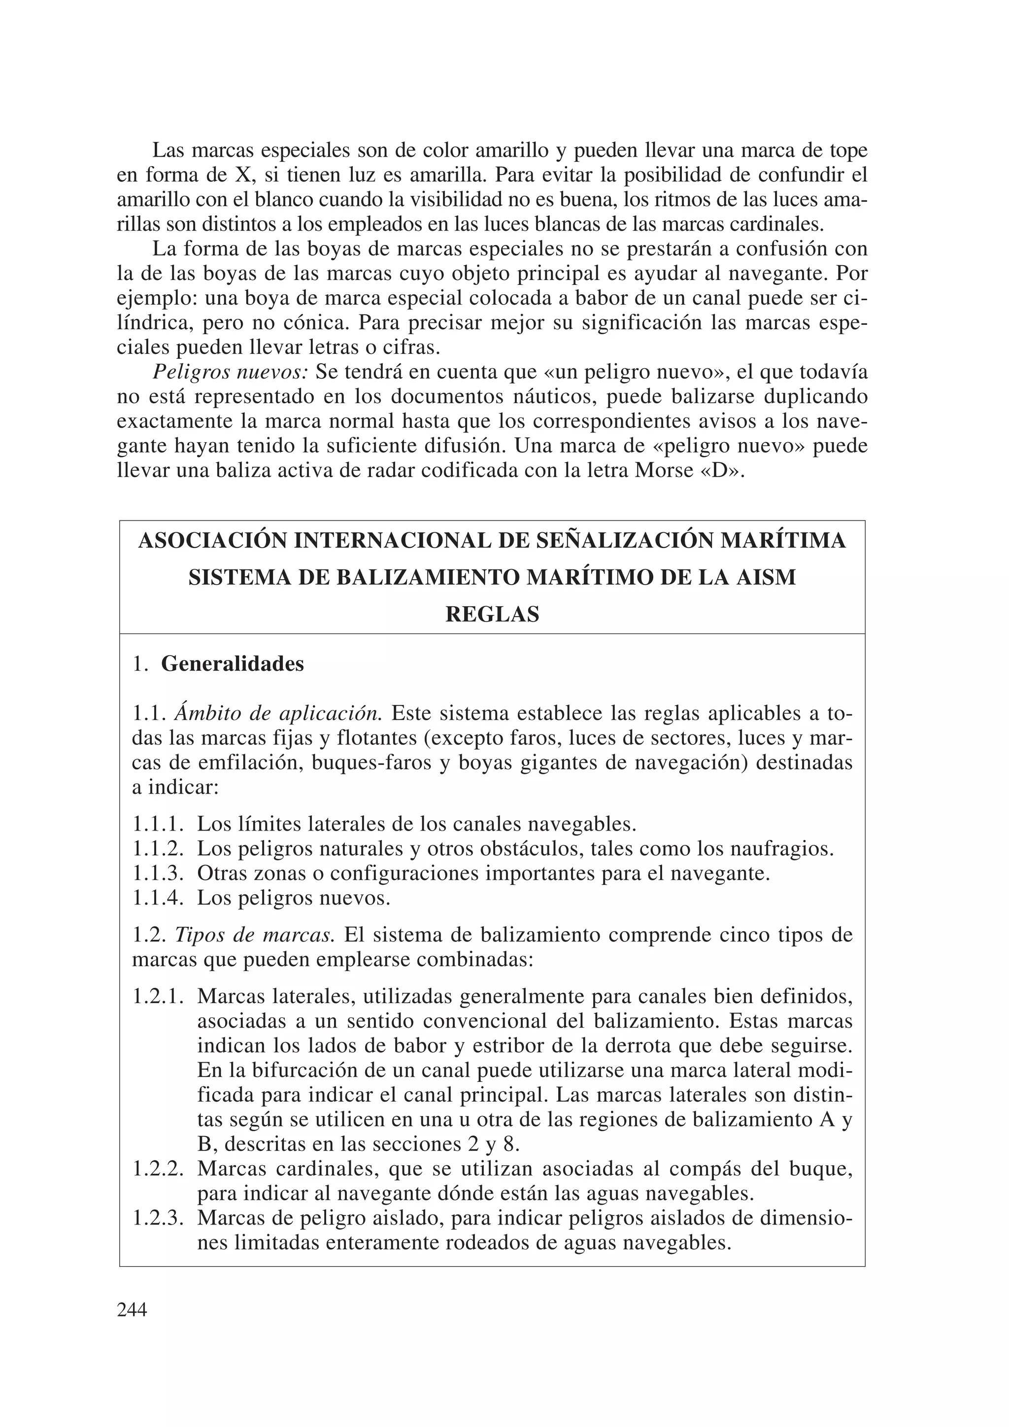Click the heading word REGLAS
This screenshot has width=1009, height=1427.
pyautogui.click(x=492, y=615)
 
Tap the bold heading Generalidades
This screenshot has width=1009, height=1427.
pyautogui.click(x=233, y=664)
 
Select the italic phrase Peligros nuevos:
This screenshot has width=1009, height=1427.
pyautogui.click(x=231, y=372)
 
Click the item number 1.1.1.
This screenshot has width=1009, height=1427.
pyautogui.click(x=158, y=825)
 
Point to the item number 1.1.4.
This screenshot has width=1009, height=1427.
pyautogui.click(x=158, y=898)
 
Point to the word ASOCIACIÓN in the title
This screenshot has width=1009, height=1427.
pyautogui.click(x=211, y=541)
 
